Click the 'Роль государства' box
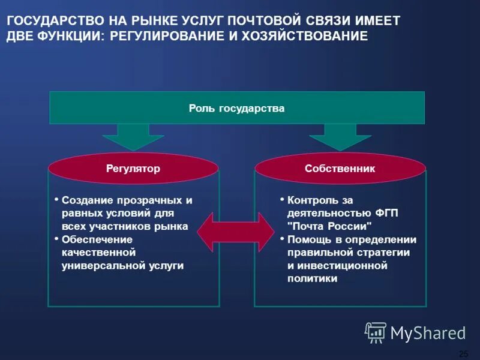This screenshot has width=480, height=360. [236, 108]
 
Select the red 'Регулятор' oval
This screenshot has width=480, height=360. [133, 169]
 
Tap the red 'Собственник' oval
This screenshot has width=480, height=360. [340, 169]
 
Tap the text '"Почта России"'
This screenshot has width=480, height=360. [330, 226]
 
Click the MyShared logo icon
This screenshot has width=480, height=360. [376, 332]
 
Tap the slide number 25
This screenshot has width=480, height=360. [463, 353]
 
